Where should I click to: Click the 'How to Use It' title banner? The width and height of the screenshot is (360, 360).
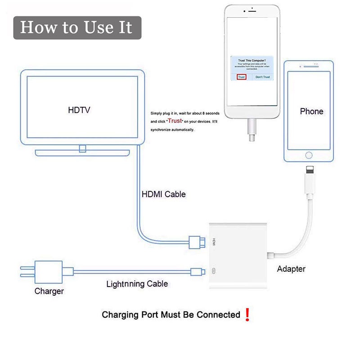pos(76,27)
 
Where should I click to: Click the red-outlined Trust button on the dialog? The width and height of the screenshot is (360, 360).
pos(242,77)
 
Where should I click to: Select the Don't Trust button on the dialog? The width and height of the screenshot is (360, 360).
pos(262,77)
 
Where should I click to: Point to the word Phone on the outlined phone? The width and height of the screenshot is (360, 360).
pos(311,111)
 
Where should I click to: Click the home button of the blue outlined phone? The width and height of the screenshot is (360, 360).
pos(309,155)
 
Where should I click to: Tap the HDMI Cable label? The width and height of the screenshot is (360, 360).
pos(163,194)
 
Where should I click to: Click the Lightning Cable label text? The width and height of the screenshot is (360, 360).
pos(137,284)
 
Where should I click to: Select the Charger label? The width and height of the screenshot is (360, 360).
pos(49,291)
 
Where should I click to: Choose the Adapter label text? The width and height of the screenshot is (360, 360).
pos(291,269)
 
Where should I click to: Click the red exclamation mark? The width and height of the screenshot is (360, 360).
pos(247,315)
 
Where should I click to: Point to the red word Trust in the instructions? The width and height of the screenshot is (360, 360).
pos(175,121)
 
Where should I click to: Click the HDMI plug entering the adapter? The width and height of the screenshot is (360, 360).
pos(198,241)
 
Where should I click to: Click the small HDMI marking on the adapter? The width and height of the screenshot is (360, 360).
pos(215,241)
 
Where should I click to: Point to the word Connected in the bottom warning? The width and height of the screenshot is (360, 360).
pos(218,315)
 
